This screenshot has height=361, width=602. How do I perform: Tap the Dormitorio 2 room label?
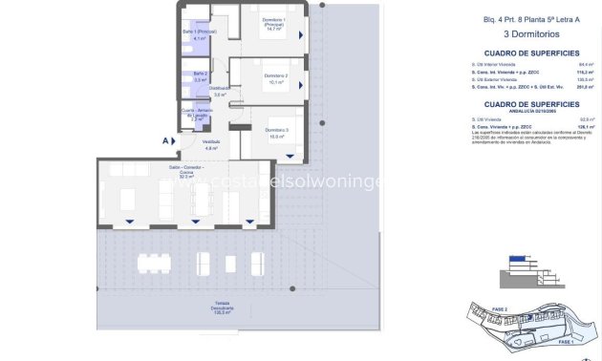pyautogui.click(x=275, y=78)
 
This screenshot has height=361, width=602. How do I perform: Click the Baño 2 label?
pyautogui.click(x=200, y=76)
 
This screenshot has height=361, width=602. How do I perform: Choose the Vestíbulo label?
pyautogui.click(x=213, y=144)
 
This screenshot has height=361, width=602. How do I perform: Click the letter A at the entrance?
pyautogui.click(x=165, y=140)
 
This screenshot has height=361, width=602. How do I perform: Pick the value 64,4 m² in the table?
pyautogui.click(x=584, y=64)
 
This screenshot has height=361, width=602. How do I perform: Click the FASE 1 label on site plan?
pyautogui.click(x=565, y=341)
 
